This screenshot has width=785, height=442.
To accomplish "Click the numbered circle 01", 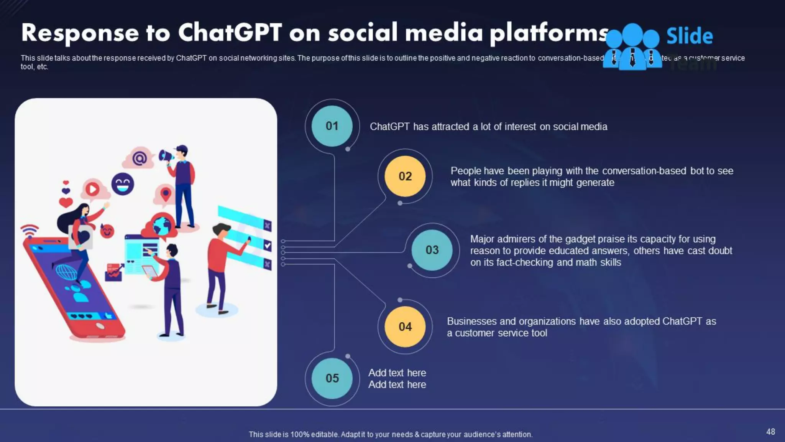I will point(332,126).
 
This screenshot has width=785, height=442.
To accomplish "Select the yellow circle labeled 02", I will point(405,176).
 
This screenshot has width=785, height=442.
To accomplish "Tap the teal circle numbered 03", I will point(432,250).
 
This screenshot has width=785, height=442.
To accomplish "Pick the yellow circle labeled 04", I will point(405,327).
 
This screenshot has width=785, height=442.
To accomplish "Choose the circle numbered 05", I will point(332,378).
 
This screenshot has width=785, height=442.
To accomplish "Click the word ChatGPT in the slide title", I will point(230,32).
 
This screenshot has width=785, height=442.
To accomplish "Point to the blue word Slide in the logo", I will point(690,36).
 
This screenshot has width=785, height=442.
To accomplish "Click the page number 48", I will point(770,432).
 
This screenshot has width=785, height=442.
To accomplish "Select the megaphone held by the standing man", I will point(166,156).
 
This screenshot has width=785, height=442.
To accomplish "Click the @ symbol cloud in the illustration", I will point(139,158).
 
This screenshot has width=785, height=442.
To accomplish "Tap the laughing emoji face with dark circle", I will point(123,184).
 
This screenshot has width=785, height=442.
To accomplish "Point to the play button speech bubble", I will point(92,189).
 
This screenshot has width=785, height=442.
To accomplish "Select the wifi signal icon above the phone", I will point(30,230).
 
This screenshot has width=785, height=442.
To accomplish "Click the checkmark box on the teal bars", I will point(268,246).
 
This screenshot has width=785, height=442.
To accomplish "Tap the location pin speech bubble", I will point(165,194).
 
